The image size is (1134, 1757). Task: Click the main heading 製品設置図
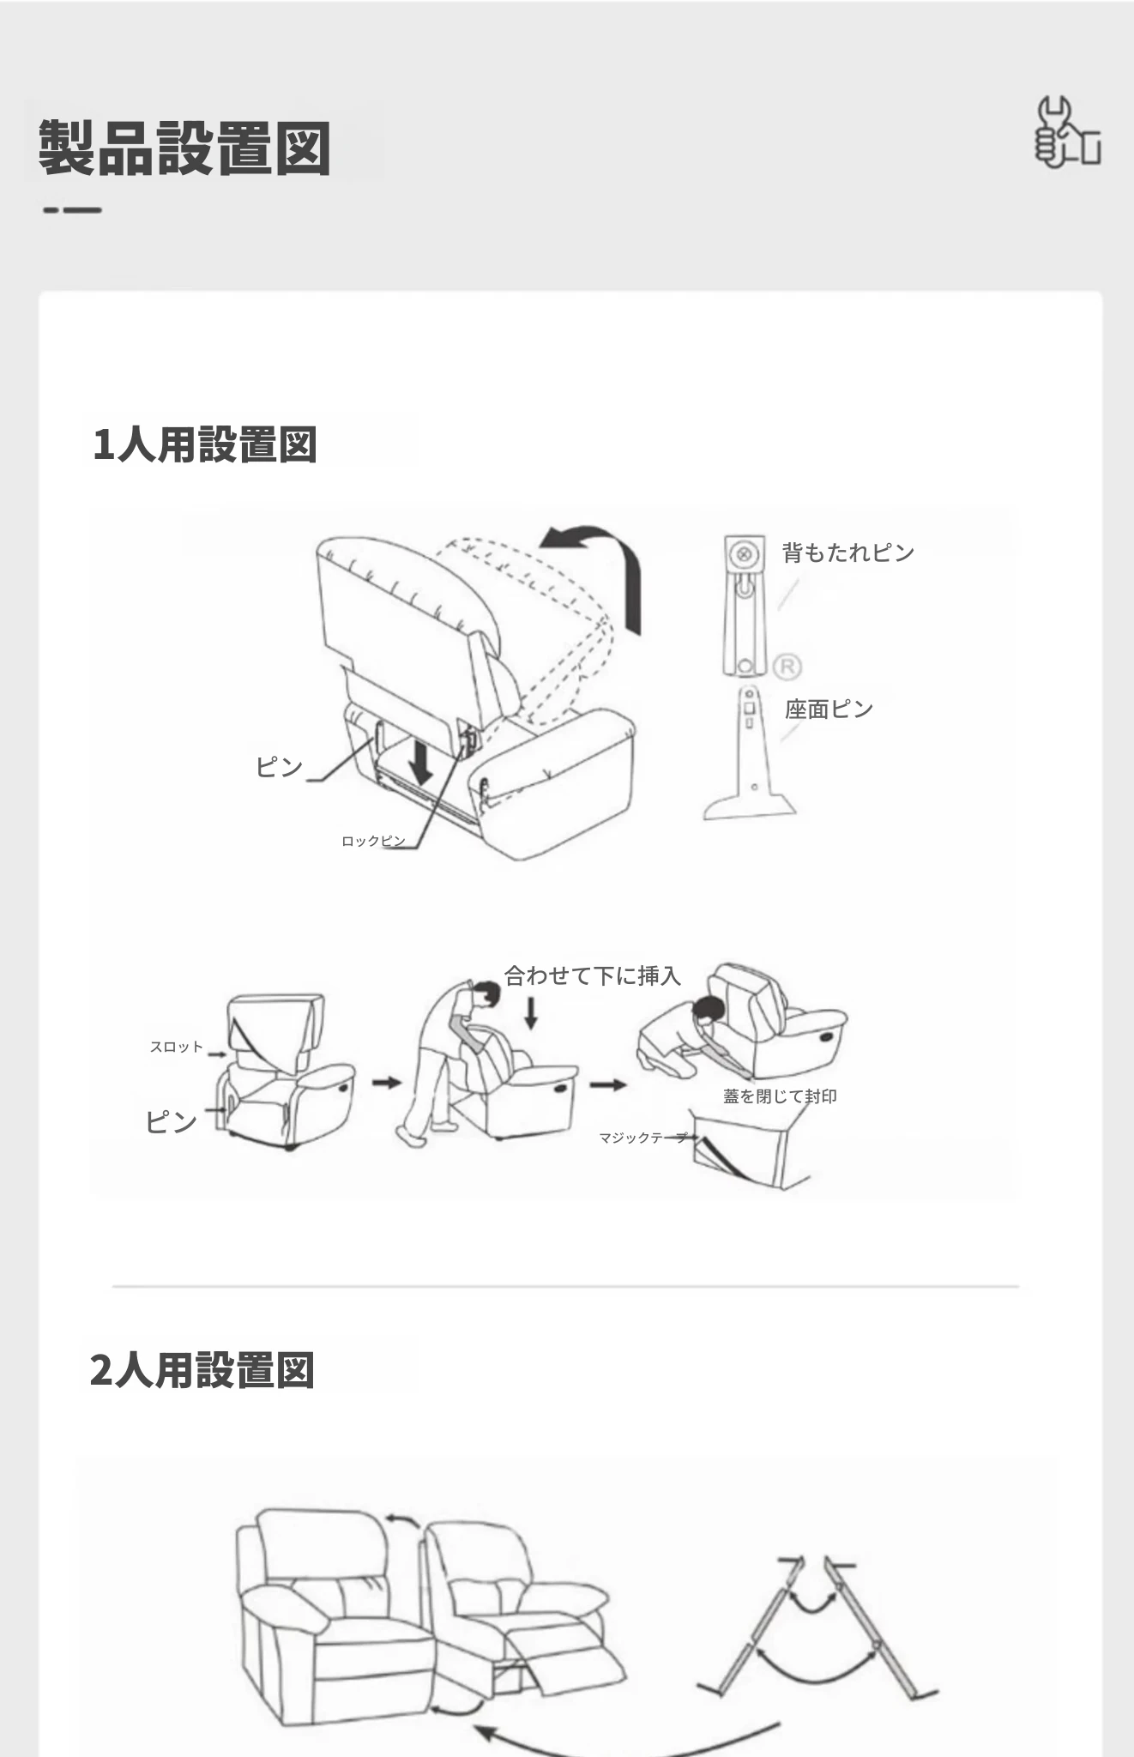click(x=184, y=148)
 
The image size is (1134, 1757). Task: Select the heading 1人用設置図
click(x=205, y=444)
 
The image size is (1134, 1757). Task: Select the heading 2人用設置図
click(x=202, y=1370)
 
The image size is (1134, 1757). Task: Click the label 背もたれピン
click(x=848, y=552)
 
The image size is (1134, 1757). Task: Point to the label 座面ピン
click(x=829, y=709)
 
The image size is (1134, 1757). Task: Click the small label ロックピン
click(x=373, y=841)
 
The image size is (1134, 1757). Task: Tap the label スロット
click(x=177, y=1047)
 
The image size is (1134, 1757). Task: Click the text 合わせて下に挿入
click(x=592, y=975)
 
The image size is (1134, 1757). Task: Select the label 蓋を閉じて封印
click(x=780, y=1096)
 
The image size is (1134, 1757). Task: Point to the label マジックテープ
click(x=643, y=1138)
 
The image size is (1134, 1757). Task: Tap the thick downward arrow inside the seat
click(x=420, y=759)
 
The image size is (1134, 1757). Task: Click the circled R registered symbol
click(x=787, y=667)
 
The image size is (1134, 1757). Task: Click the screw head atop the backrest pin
click(x=745, y=554)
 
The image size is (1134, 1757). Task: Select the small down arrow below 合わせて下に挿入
click(x=531, y=1012)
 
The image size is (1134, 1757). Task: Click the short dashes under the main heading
click(x=72, y=209)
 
